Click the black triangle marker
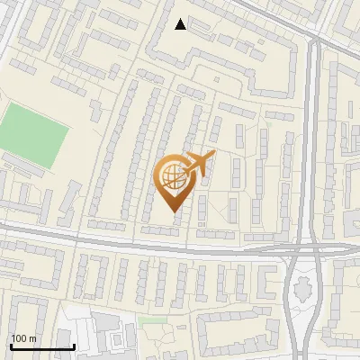click(181, 24)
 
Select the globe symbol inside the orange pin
click(172, 177)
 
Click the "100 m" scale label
click(23, 338)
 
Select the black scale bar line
click(41, 347)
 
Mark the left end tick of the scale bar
click(11, 346)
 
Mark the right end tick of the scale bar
click(73, 346)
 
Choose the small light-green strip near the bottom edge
click(153, 319)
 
